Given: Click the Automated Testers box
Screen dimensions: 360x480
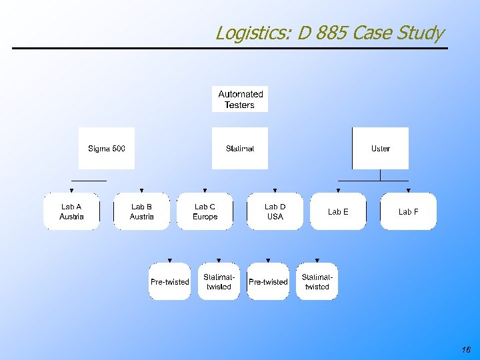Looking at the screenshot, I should click(x=240, y=99).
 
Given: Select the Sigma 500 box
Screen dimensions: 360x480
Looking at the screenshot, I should click(x=107, y=148).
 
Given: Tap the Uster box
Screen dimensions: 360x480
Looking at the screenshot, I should click(x=380, y=148).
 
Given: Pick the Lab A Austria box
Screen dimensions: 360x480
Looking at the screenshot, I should click(x=71, y=211).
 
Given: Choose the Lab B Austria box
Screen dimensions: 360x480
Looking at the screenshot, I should click(x=141, y=211).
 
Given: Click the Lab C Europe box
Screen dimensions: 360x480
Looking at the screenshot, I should click(x=205, y=211).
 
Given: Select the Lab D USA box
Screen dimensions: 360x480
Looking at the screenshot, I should click(x=275, y=211).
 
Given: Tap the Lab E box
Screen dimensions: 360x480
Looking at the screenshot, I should click(x=338, y=211).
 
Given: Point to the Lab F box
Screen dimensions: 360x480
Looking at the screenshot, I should click(x=408, y=211).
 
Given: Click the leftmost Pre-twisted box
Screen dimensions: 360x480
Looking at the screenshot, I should click(x=169, y=281).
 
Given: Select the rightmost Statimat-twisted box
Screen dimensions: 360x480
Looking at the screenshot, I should click(x=317, y=281).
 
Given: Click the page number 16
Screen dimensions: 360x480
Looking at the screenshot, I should click(x=465, y=350).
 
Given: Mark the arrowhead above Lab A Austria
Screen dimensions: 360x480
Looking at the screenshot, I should click(x=71, y=191).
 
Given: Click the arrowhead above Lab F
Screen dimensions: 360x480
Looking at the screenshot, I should click(x=408, y=191).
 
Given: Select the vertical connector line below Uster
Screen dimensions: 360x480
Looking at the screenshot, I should click(x=380, y=175).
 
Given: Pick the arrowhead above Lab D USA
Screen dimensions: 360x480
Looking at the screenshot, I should click(x=275, y=191).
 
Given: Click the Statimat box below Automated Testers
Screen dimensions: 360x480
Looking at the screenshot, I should click(x=240, y=148).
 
